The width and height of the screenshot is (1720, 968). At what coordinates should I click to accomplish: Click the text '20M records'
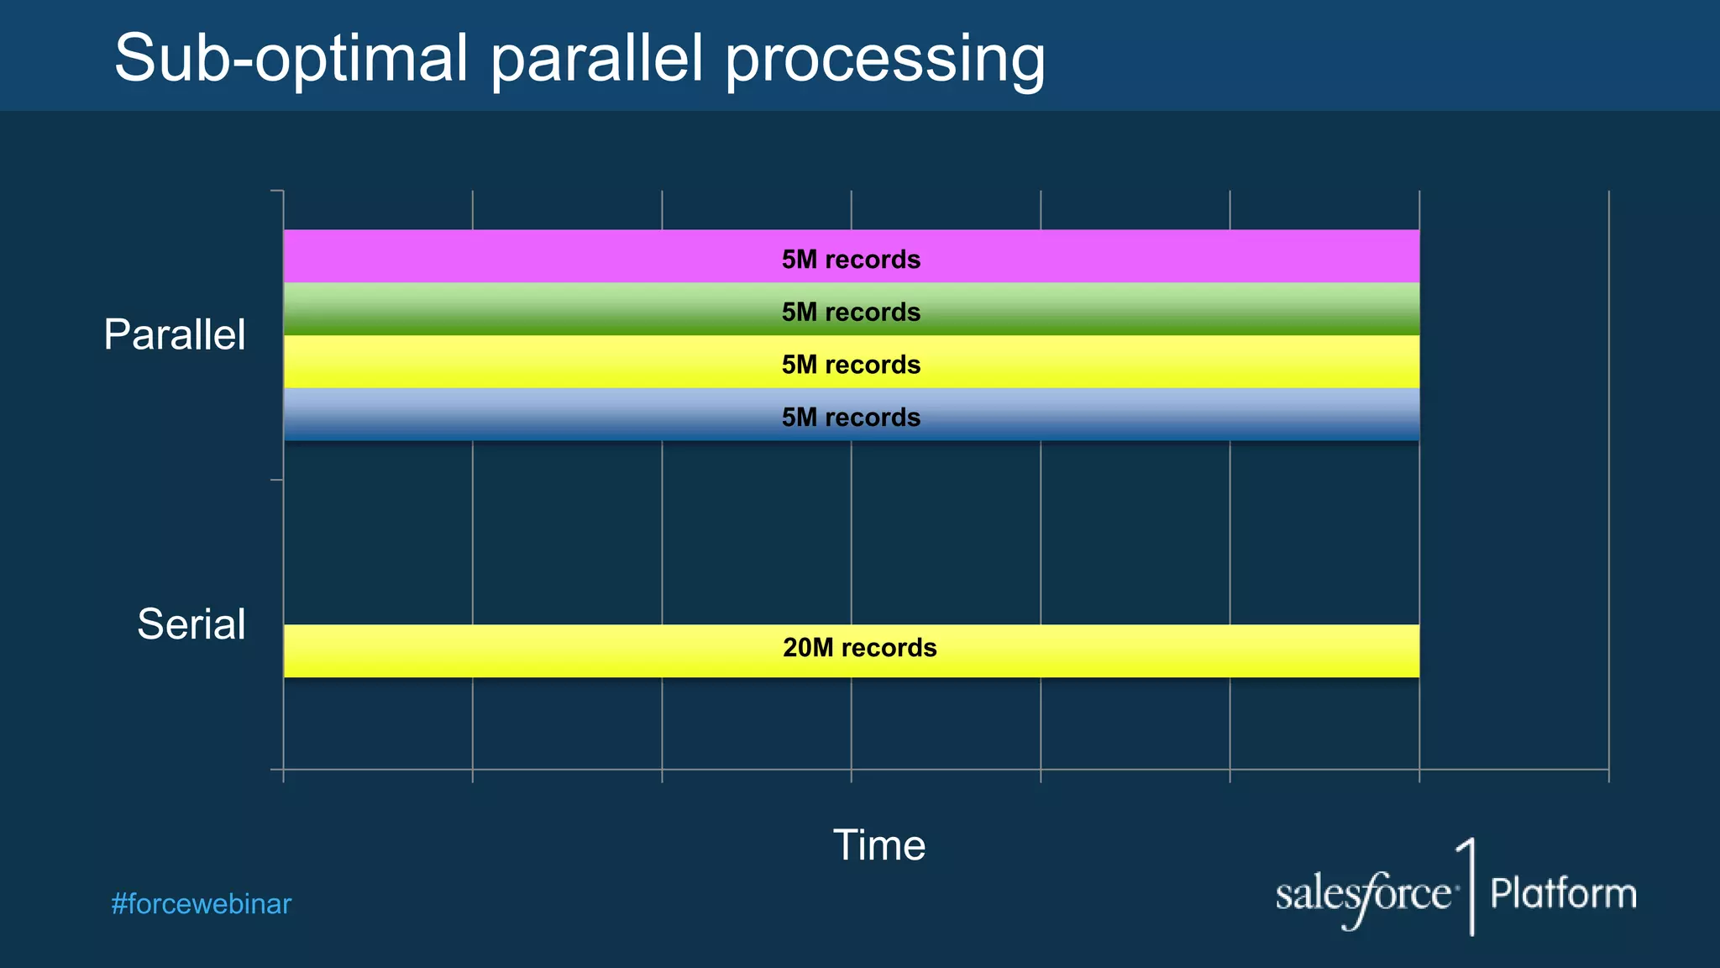click(859, 648)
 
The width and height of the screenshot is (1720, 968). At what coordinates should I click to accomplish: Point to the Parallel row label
click(175, 334)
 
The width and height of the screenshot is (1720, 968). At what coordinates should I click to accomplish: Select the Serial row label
click(191, 624)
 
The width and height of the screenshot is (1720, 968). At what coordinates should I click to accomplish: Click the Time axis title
click(878, 844)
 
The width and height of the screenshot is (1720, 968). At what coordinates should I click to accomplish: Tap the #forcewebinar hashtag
click(202, 904)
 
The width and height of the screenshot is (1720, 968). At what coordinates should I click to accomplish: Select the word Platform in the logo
click(1563, 893)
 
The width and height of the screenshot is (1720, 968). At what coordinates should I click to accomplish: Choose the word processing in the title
click(885, 60)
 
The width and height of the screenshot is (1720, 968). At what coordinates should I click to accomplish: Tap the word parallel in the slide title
click(596, 60)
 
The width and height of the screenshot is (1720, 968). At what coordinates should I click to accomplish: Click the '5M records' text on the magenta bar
click(851, 260)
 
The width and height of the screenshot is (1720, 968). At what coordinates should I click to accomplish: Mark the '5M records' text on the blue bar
click(851, 418)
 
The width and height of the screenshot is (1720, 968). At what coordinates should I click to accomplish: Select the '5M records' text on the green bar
click(851, 313)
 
